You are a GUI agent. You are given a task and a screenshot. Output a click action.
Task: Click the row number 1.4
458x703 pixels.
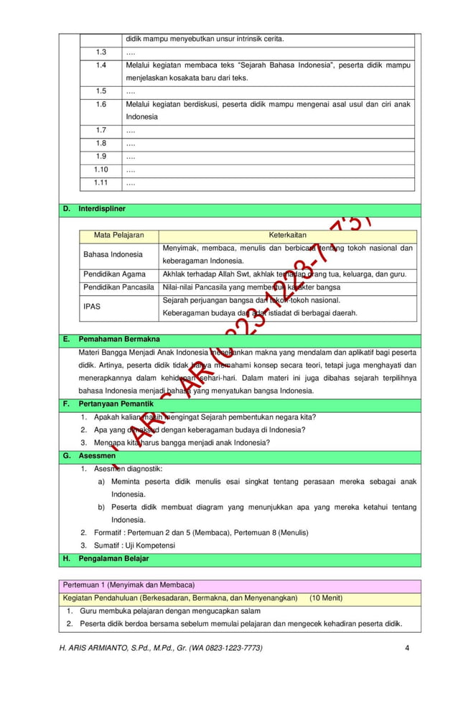click(x=101, y=65)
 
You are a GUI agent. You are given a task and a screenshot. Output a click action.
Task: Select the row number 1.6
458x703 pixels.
click(x=101, y=104)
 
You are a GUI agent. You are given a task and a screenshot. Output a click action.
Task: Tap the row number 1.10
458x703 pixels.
click(x=101, y=169)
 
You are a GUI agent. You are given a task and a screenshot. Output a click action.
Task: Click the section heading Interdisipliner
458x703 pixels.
click(x=102, y=209)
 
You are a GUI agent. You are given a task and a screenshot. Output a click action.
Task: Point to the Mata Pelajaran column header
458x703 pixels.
click(x=118, y=235)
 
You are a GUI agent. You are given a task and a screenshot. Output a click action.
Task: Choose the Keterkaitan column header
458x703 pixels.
click(x=287, y=235)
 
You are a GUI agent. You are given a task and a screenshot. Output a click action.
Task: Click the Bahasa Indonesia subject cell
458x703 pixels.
click(x=113, y=254)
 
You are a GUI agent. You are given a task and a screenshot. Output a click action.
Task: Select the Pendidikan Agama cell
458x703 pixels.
click(x=114, y=274)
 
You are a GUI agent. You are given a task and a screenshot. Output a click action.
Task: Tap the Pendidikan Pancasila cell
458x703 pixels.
click(x=118, y=287)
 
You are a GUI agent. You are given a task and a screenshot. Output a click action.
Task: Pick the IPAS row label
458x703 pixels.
click(x=92, y=306)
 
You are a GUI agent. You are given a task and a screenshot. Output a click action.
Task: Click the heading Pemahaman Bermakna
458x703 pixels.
click(x=119, y=339)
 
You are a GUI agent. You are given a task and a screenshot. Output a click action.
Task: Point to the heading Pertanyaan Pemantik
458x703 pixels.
click(x=116, y=404)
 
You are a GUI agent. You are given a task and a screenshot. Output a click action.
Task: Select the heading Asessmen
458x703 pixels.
click(x=97, y=455)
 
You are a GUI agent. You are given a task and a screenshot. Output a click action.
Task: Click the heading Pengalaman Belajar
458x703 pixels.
click(x=113, y=559)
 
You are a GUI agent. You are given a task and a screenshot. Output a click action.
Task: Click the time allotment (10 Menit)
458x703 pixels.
click(x=326, y=597)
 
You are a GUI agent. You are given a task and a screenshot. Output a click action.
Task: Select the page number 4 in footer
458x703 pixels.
click(x=407, y=648)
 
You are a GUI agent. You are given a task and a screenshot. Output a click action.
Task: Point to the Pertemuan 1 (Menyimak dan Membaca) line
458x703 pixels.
click(x=128, y=585)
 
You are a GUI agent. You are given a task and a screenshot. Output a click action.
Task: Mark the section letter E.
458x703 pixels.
click(x=66, y=339)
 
